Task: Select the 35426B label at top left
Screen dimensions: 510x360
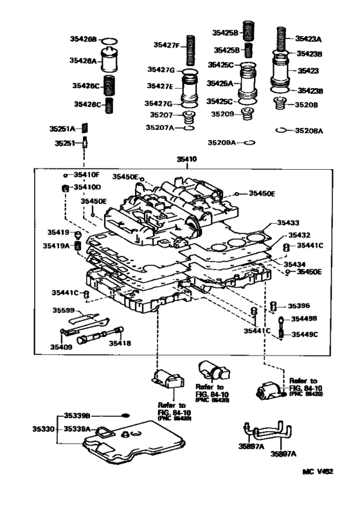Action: (x=84, y=40)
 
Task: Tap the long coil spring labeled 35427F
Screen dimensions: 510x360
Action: (x=190, y=49)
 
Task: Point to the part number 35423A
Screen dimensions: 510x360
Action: (x=308, y=39)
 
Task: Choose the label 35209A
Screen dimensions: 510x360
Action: (x=222, y=142)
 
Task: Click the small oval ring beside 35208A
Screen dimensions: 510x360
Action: (x=280, y=131)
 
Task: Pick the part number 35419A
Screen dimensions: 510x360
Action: (x=57, y=245)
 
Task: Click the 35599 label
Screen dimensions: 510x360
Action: (x=63, y=310)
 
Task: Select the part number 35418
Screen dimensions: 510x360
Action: (x=119, y=343)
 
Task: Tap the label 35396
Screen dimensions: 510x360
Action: (x=298, y=306)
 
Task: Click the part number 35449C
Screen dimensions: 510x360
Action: (x=305, y=334)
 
